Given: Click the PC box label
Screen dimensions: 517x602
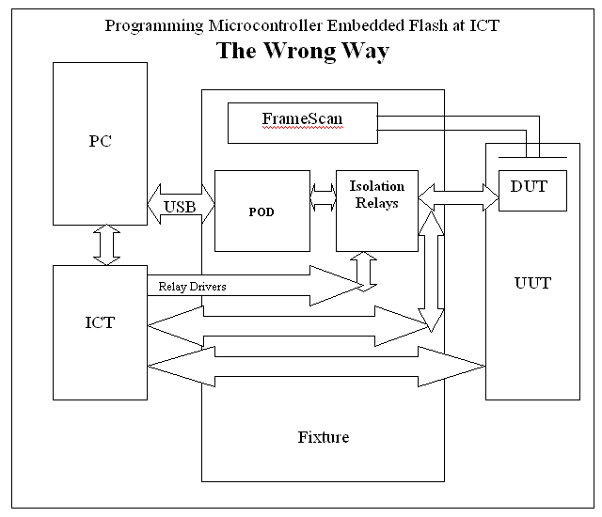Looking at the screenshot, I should pyautogui.click(x=100, y=143).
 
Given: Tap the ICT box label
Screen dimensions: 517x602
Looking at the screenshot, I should pyautogui.click(x=100, y=322).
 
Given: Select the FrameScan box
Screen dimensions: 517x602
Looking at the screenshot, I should pyautogui.click(x=303, y=123).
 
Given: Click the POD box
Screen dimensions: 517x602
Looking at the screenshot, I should pyautogui.click(x=262, y=210).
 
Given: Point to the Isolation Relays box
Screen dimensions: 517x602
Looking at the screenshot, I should pyautogui.click(x=376, y=210).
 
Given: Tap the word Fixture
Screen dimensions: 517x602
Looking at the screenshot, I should pyautogui.click(x=323, y=437).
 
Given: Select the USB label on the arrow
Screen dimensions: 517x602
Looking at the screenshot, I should pyautogui.click(x=181, y=207).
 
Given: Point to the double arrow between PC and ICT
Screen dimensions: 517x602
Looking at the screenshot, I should pyautogui.click(x=100, y=244).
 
